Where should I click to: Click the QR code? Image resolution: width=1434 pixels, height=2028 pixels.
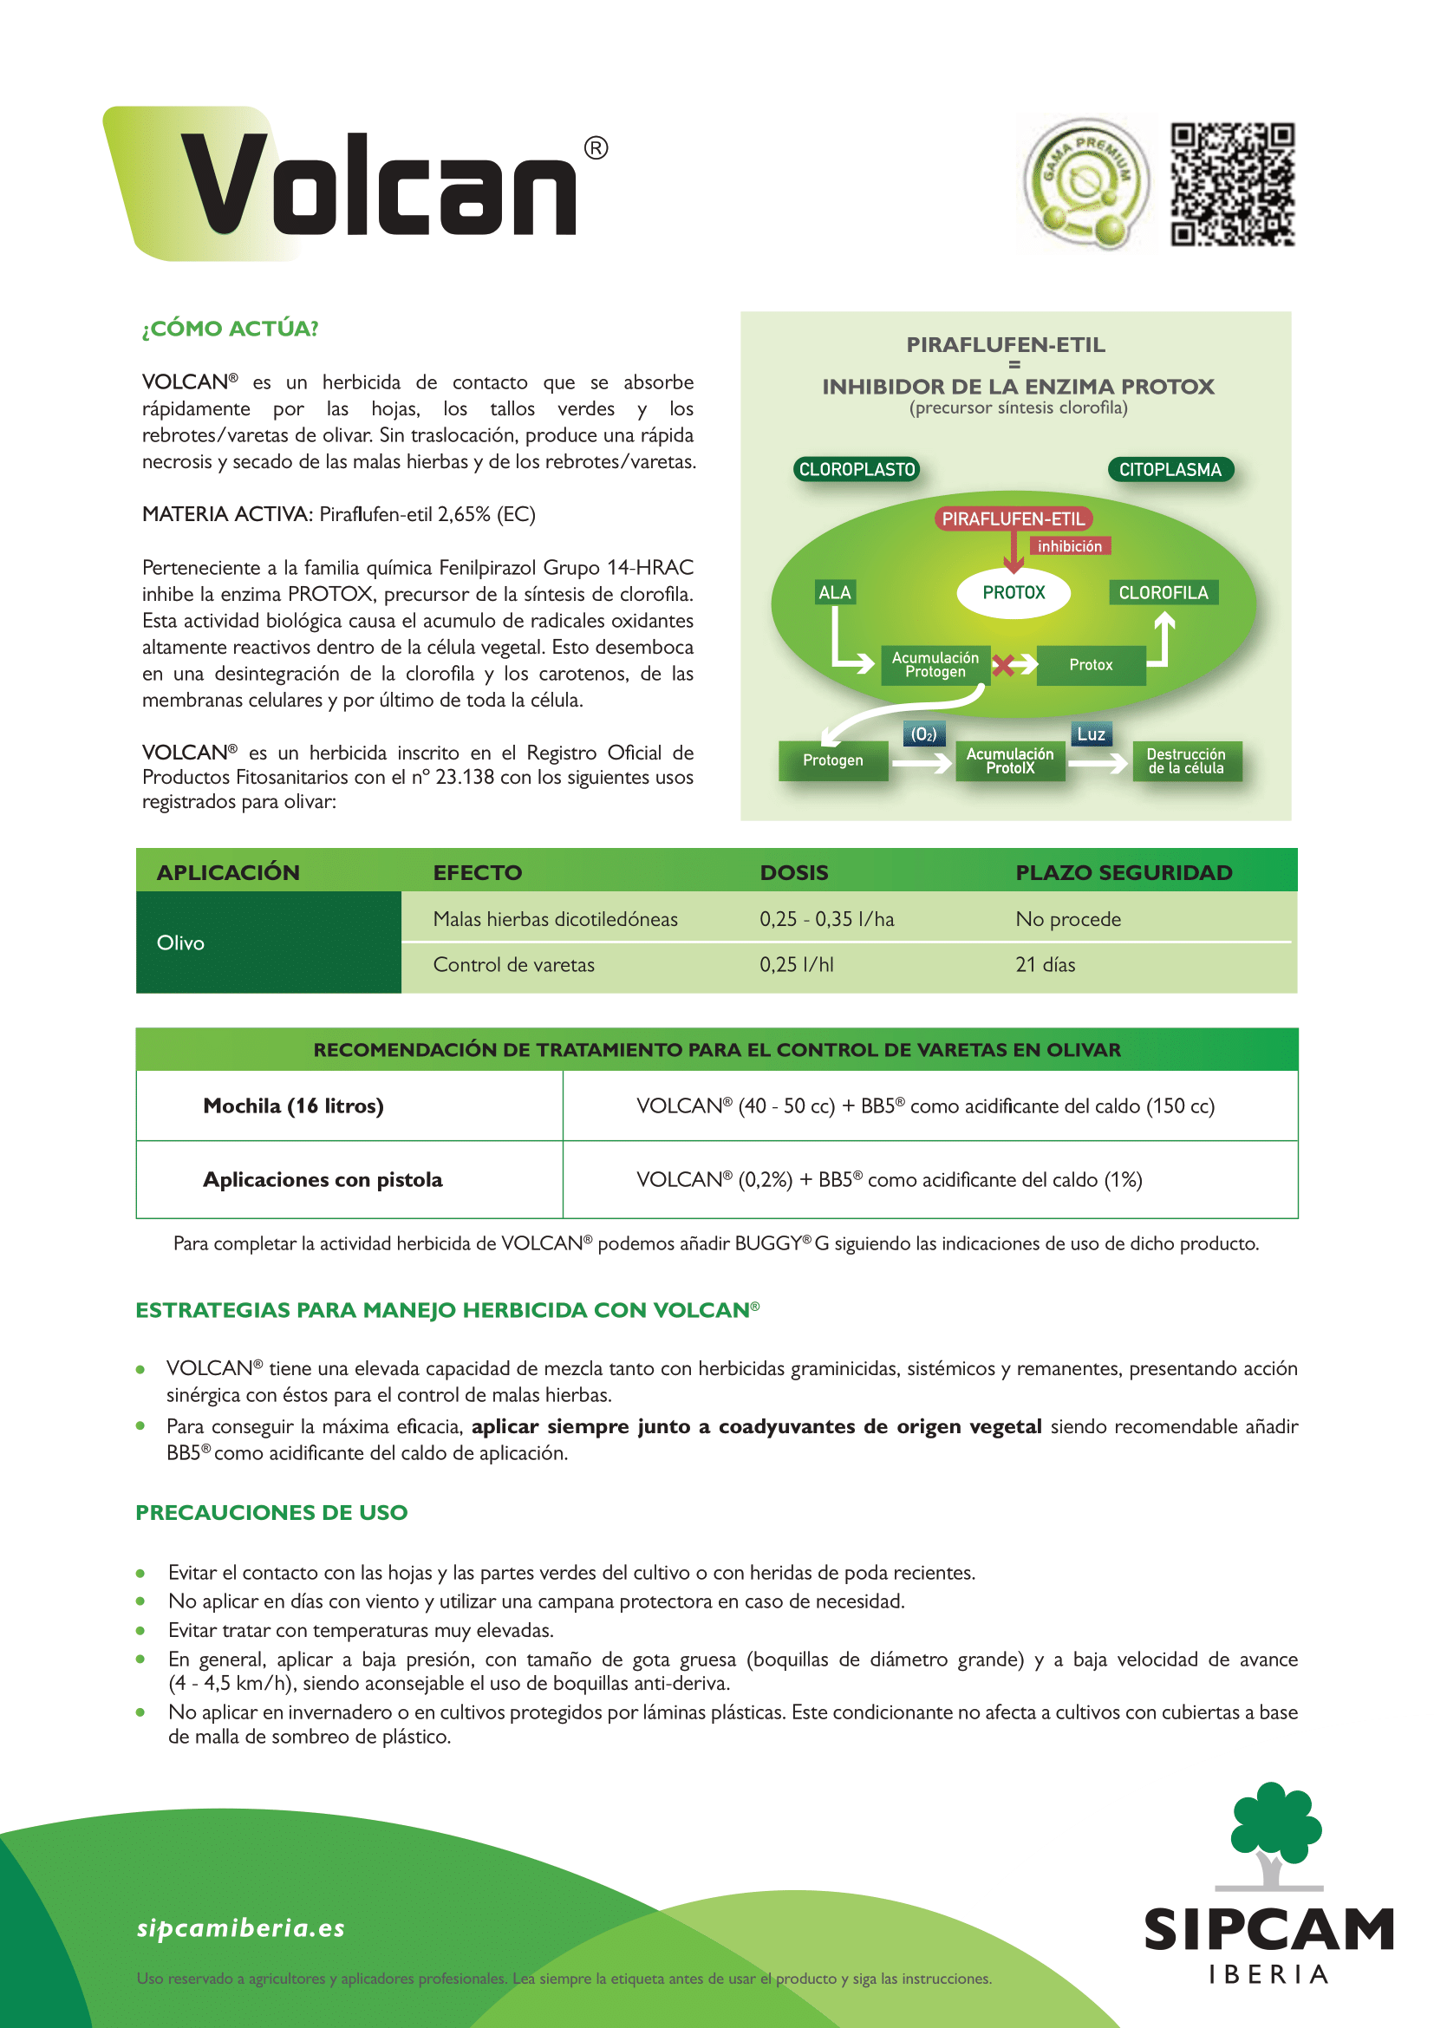1232,184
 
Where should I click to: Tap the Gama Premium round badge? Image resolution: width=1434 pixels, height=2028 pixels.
1085,184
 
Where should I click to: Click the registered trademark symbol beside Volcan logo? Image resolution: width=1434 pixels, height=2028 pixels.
596,148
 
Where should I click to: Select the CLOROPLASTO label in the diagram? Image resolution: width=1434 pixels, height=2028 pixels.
857,469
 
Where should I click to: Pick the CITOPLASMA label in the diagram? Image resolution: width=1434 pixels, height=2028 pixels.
1170,469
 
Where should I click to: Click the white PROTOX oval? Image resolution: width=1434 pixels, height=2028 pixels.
1014,593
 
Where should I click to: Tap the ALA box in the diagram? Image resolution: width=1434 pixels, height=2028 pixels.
834,593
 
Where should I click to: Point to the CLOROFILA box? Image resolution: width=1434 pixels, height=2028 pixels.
1163,593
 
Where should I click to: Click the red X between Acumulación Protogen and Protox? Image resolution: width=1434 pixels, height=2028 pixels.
1002,665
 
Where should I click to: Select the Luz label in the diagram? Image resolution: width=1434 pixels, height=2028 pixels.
1091,734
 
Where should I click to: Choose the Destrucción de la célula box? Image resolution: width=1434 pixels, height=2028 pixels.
1186,760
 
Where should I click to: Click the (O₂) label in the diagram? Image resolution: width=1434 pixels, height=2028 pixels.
923,734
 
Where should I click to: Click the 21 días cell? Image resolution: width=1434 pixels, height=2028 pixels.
1046,964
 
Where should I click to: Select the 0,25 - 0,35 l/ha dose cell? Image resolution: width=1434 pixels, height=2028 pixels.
826,919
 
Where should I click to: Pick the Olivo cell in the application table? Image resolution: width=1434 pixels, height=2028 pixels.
181,942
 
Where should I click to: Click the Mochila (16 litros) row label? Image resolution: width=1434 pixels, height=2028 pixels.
293,1105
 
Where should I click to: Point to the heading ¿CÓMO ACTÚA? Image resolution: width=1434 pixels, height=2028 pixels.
230,329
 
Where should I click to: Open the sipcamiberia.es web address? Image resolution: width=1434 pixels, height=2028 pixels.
240,1927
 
